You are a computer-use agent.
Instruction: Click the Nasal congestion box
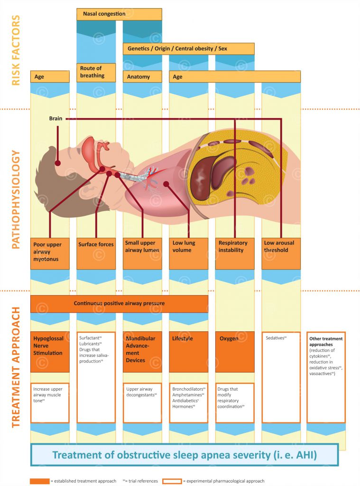(x=119, y=14)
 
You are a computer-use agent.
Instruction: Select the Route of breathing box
(x=96, y=72)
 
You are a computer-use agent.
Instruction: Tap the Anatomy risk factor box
(x=142, y=76)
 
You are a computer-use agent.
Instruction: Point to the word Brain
(x=56, y=118)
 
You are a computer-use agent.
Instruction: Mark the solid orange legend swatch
(x=40, y=481)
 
